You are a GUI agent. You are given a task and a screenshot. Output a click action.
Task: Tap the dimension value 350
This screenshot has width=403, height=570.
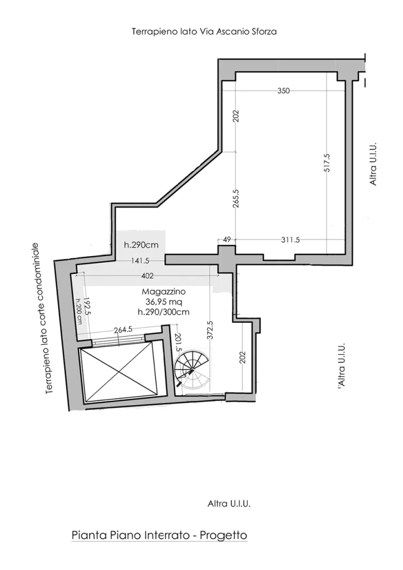pos(284,91)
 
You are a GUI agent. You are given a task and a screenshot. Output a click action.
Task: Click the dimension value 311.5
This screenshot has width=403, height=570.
pos(291,240)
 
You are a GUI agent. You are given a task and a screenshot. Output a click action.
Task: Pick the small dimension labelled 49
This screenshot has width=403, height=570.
pos(227,240)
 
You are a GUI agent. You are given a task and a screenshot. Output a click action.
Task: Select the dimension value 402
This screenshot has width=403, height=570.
pos(147,276)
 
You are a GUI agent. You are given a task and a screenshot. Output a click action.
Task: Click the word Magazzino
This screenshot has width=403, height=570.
pos(164,292)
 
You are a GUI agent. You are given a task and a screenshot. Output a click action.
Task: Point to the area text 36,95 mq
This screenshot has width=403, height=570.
pos(164,302)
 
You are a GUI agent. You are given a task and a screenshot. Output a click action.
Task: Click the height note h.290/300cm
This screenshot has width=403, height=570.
pos(164,312)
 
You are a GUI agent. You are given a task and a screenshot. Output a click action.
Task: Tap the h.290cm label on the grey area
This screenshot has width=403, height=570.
pos(141,245)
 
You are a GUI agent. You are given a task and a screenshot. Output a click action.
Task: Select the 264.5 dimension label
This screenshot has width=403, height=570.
pos(123,330)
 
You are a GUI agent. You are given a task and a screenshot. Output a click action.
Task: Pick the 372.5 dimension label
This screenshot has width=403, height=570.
pos(210,330)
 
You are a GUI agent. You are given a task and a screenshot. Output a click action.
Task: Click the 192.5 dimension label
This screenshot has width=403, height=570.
pos(87,307)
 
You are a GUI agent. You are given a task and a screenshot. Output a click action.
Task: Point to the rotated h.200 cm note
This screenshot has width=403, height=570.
pos(79,312)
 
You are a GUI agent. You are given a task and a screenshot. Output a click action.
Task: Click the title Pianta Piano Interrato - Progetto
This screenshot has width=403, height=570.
pos(159,535)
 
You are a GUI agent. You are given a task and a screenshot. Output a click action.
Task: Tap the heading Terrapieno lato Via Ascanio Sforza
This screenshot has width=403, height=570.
pos(204,32)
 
